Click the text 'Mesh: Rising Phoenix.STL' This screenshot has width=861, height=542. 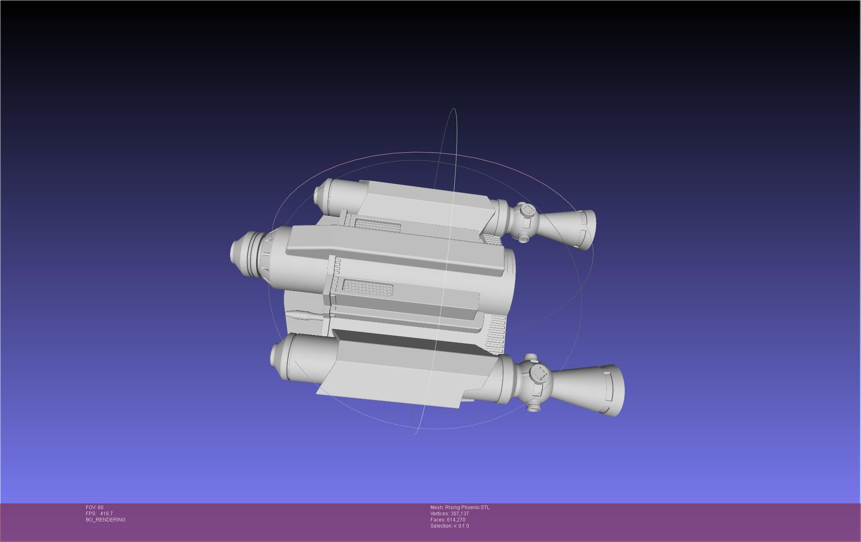[x=460, y=507]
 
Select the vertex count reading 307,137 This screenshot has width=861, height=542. [x=459, y=513]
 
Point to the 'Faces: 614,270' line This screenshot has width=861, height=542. [x=448, y=519]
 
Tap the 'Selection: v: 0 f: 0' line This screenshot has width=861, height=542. [x=449, y=526]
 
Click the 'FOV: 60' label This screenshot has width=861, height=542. [x=94, y=507]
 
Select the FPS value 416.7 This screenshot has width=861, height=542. [x=106, y=513]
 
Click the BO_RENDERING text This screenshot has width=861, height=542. [x=106, y=519]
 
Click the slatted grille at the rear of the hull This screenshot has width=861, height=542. [x=496, y=334]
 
